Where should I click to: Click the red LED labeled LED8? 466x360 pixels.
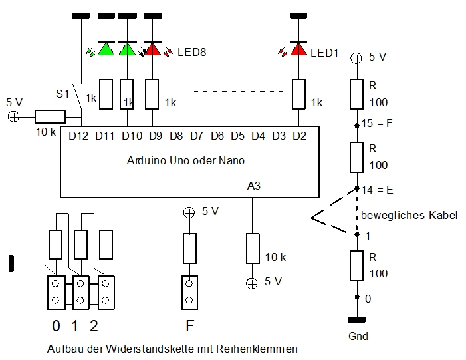153,49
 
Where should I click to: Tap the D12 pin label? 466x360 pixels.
78,136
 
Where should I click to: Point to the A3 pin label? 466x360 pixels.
253,187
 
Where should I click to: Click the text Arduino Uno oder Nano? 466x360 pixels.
185,161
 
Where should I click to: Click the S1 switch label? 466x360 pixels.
62,94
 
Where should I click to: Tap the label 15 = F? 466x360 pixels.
378,123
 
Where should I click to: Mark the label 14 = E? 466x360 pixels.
378,190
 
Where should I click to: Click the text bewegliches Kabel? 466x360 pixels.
409,216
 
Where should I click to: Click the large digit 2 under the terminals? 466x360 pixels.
94,327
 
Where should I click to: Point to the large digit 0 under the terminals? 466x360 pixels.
57,327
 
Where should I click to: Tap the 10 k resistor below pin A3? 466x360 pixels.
252,248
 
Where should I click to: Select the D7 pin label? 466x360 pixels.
196,136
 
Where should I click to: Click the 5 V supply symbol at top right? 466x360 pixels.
356,57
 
